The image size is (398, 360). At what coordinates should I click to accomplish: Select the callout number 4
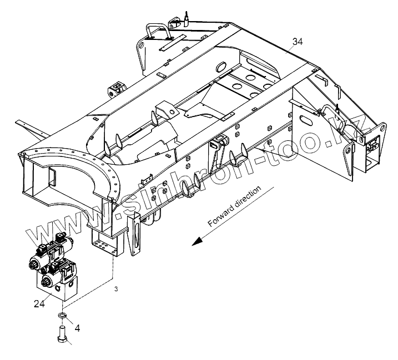pos(77,328)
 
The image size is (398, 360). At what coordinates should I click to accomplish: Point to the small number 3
pos(116,290)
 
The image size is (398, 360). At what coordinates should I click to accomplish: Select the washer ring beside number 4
pos(63,317)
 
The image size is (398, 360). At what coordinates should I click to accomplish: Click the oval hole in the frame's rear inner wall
pos(219,67)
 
